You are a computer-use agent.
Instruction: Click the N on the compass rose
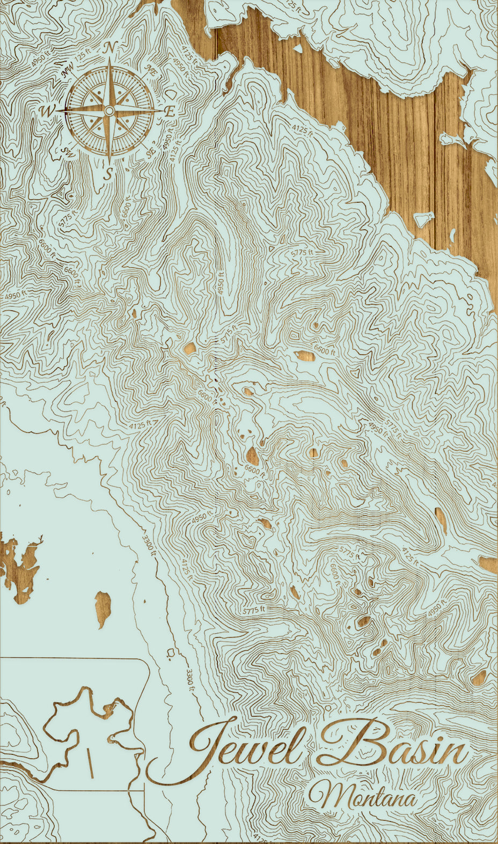point(109,48)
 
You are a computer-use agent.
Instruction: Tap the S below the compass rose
point(108,173)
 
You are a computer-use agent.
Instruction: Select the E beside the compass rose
point(169,112)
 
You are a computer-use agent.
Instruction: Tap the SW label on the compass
point(68,152)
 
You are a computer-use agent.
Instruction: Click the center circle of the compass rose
point(109,111)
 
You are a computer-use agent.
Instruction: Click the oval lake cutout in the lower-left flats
point(104,609)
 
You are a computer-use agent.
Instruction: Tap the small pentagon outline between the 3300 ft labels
point(171,653)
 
